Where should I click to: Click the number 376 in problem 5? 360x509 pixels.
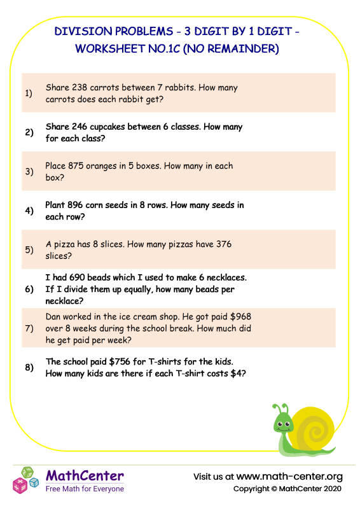pos(223,244)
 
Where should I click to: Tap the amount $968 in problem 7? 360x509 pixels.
pos(242,316)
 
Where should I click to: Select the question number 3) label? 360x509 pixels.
pos(29,171)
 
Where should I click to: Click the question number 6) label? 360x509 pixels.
pos(29,289)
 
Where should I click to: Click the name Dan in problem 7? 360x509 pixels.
pos(55,316)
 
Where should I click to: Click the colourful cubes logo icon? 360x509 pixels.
pos(27,480)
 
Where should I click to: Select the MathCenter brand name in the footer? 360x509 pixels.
pos(85,476)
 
